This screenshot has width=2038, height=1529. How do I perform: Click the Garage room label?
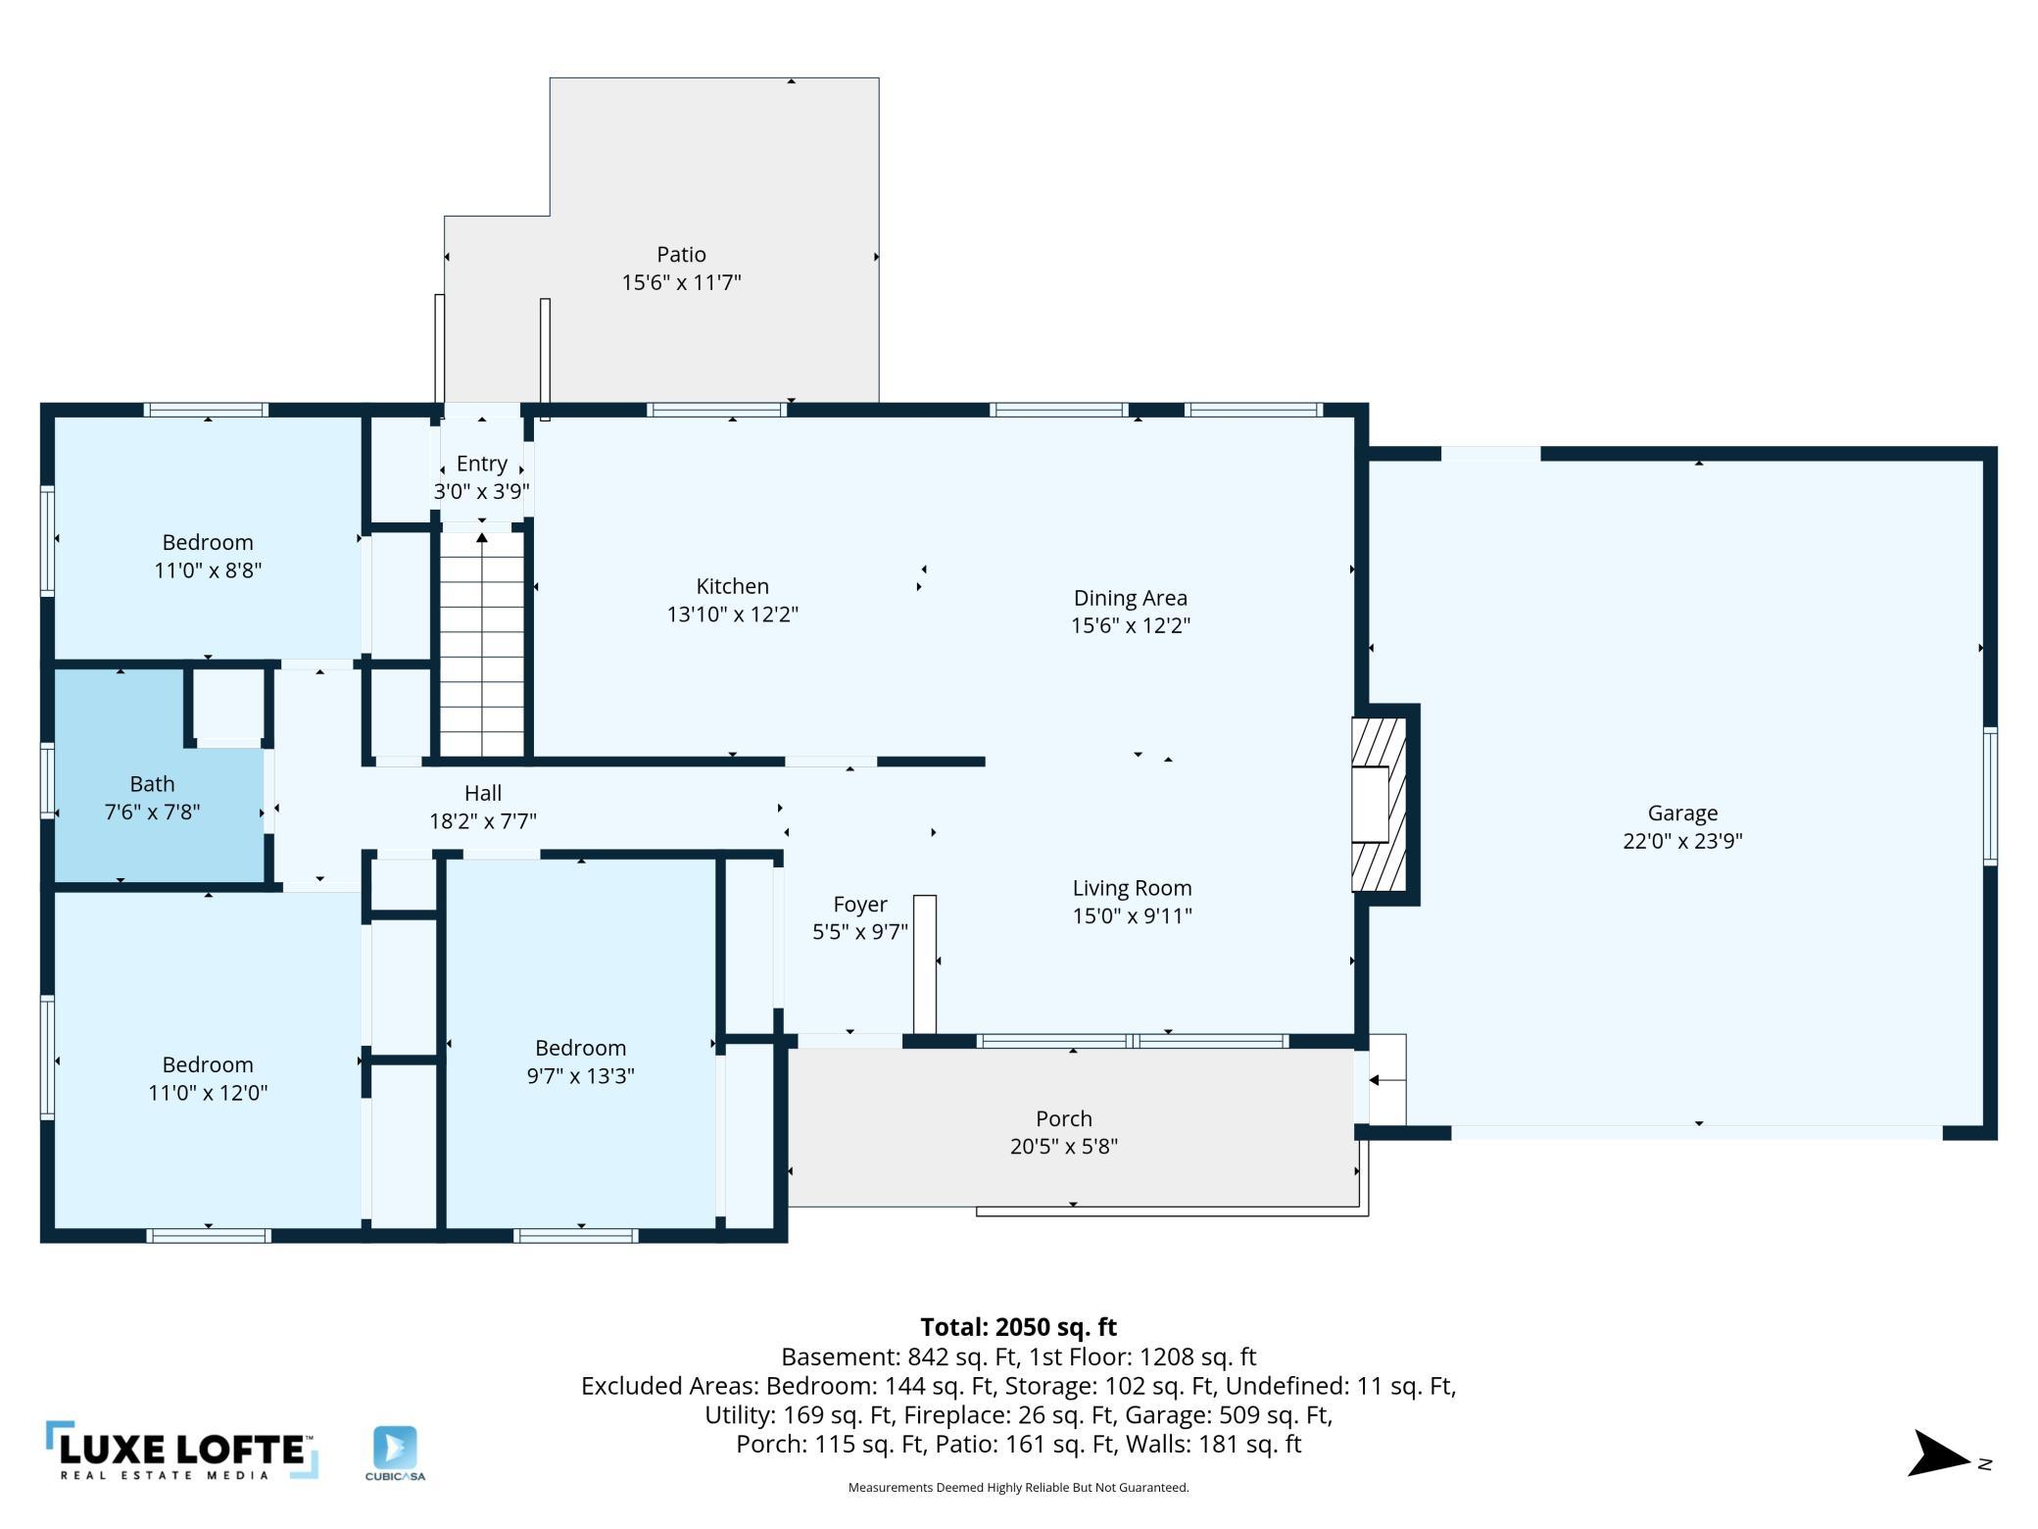pyautogui.click(x=1682, y=813)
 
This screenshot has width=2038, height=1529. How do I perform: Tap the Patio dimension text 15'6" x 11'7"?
pyautogui.click(x=681, y=282)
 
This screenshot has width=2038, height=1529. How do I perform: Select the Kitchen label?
pyautogui.click(x=732, y=586)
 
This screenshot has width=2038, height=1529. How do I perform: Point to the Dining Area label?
pyautogui.click(x=1130, y=598)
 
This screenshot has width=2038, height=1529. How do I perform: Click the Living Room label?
pyautogui.click(x=1132, y=888)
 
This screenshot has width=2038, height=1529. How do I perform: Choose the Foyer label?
pyautogui.click(x=860, y=905)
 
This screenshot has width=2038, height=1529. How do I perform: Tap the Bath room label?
pyautogui.click(x=152, y=784)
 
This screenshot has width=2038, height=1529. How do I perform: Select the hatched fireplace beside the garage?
pyautogui.click(x=1379, y=805)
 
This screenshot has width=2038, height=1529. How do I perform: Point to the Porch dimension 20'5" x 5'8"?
pyautogui.click(x=1064, y=1147)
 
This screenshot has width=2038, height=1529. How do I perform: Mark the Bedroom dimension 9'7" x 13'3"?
pyautogui.click(x=580, y=1076)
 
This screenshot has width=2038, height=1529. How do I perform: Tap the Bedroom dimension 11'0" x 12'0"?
pyautogui.click(x=208, y=1093)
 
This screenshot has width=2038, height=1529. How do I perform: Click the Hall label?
pyautogui.click(x=483, y=793)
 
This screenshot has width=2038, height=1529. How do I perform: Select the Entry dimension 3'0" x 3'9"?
pyautogui.click(x=482, y=492)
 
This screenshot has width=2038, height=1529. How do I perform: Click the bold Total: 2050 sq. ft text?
pyautogui.click(x=1018, y=1327)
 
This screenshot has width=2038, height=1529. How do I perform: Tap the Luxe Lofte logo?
pyautogui.click(x=182, y=1451)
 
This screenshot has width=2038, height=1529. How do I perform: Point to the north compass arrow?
pyautogui.click(x=1939, y=1454)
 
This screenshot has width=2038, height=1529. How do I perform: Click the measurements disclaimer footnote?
pyautogui.click(x=1018, y=1488)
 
